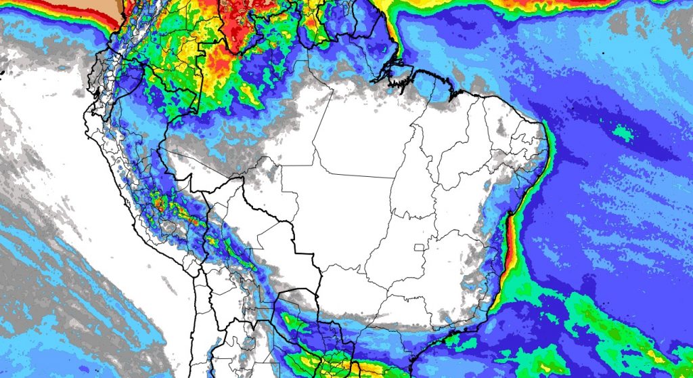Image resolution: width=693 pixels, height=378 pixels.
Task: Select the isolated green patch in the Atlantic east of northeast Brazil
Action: tap(623, 134)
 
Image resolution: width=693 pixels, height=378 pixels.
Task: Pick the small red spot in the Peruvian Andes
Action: tap(160, 201)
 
